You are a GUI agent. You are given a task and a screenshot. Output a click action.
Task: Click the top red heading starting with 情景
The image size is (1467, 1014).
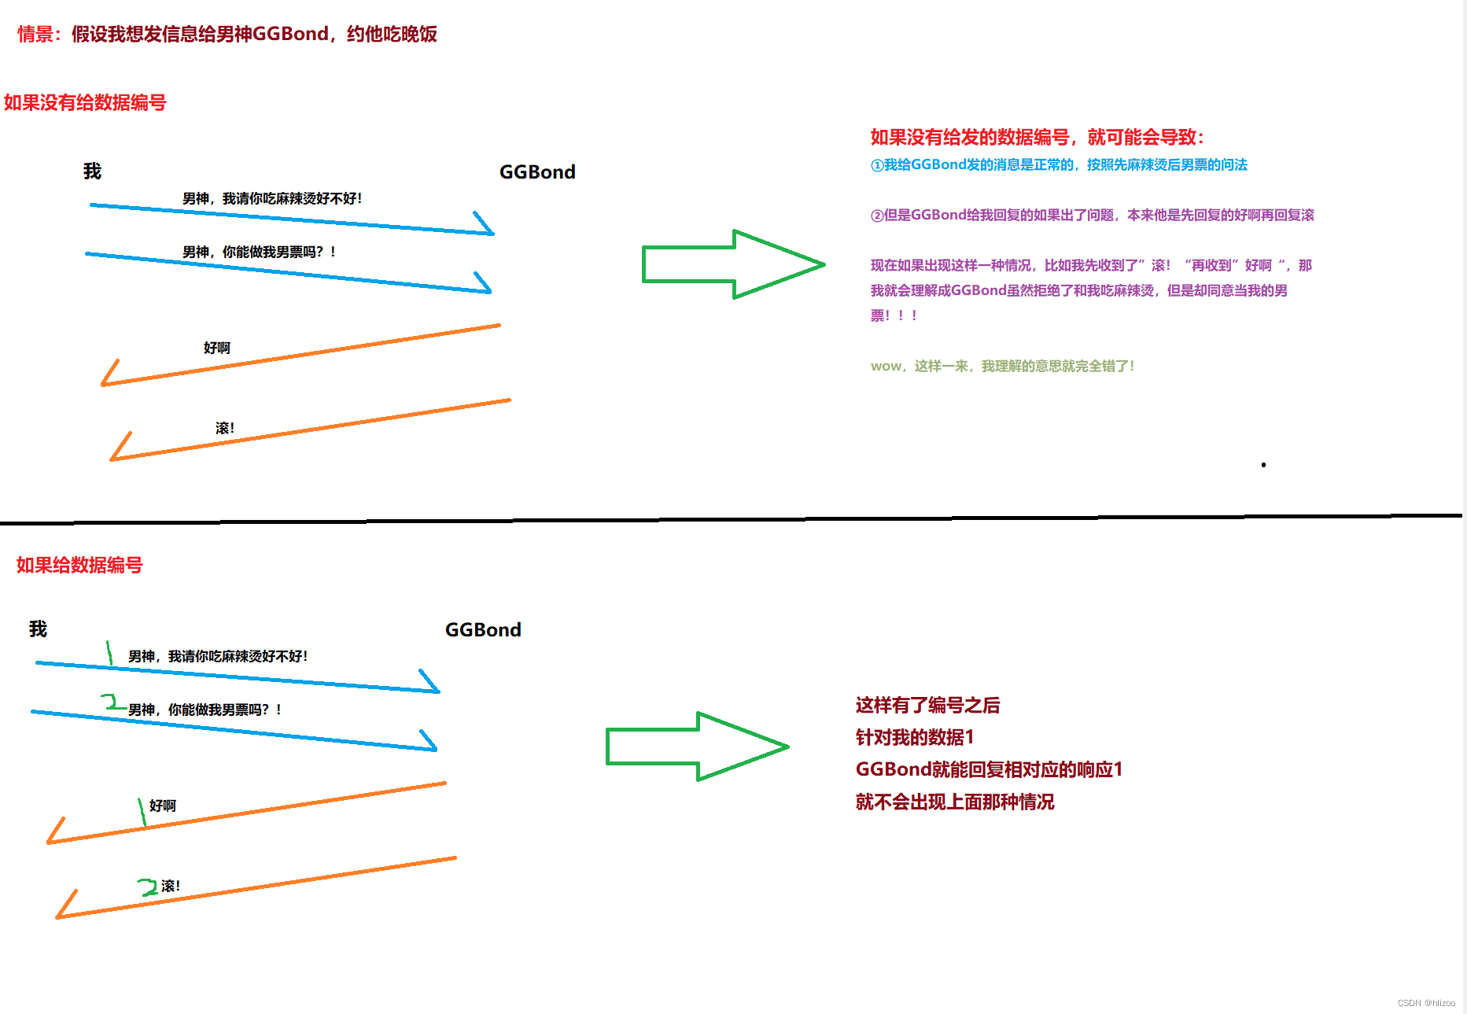pos(227,34)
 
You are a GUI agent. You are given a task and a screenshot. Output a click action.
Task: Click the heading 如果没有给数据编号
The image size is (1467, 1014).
pos(85,103)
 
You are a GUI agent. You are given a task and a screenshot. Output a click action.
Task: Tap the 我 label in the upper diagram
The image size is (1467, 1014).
pos(92,171)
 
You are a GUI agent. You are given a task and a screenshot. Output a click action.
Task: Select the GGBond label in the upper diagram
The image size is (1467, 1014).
pos(537,172)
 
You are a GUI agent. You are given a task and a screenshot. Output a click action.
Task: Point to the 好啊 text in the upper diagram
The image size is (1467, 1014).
pos(216,348)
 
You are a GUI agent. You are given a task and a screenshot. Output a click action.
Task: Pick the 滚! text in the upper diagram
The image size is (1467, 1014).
pos(224,428)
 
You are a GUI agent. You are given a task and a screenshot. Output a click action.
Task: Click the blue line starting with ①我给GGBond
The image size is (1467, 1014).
pos(1059,165)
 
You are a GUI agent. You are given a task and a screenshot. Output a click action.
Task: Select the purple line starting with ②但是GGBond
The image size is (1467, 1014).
pos(1092,216)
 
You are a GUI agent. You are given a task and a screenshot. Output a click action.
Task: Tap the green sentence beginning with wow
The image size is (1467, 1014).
pos(1002,366)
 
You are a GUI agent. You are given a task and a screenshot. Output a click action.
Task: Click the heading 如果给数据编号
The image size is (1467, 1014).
pos(79,566)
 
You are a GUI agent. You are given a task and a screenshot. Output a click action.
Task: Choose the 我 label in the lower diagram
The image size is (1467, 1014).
pos(38,629)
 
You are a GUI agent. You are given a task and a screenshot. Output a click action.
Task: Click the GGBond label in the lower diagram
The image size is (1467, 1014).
pos(483,630)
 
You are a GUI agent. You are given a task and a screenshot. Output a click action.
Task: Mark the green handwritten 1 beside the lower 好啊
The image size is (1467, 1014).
pos(142,811)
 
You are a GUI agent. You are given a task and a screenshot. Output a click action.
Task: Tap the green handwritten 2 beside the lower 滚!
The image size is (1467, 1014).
pos(147,887)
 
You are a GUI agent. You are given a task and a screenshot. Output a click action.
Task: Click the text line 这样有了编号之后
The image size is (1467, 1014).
pos(927,706)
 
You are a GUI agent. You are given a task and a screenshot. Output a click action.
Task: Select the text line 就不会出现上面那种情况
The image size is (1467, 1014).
pos(955,802)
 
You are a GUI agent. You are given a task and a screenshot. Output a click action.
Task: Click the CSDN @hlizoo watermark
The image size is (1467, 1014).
pos(1425,1003)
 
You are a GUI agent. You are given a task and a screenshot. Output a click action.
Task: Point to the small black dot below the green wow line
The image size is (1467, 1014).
pos(1263,465)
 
